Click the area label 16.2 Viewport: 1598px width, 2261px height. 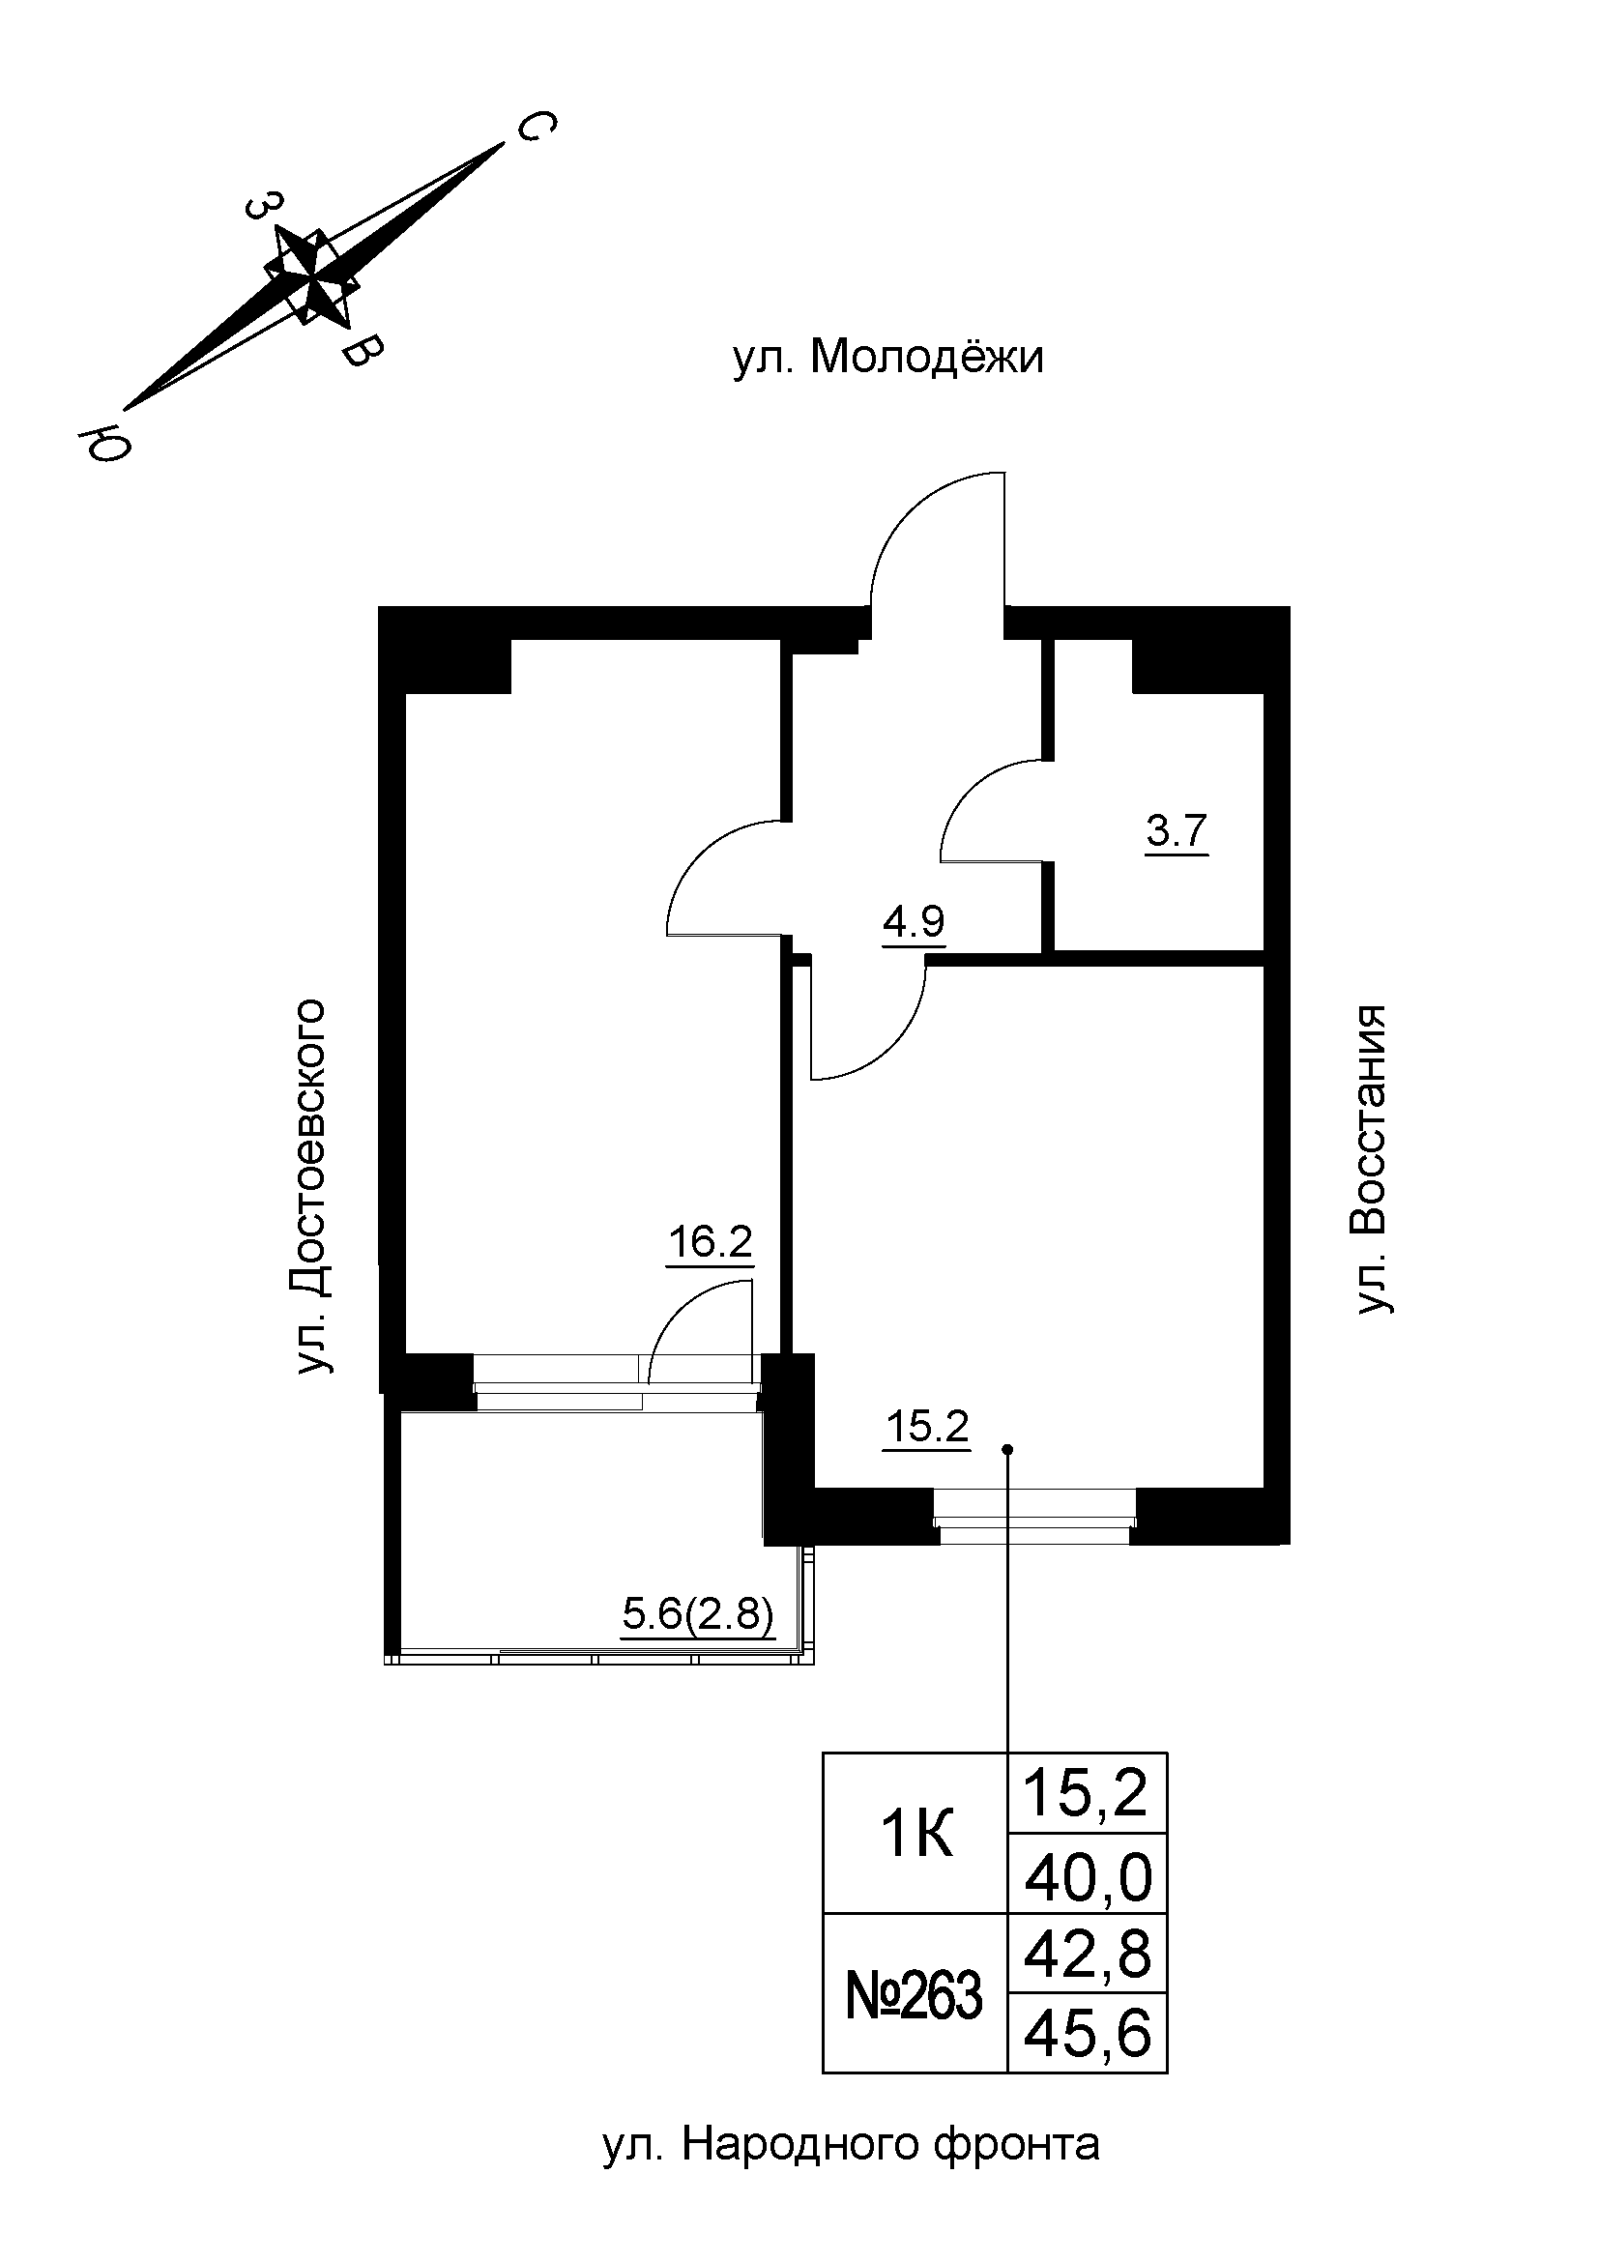point(710,1244)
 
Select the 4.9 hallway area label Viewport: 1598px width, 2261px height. point(913,923)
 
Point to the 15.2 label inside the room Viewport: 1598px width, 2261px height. point(927,1426)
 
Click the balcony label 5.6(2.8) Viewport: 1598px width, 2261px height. point(698,1615)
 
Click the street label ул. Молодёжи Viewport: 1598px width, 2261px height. point(888,359)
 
